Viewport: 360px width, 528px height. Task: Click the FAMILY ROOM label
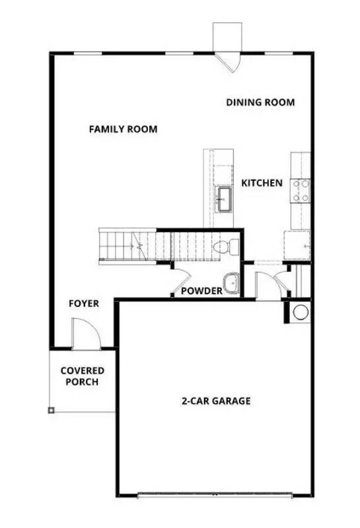click(123, 129)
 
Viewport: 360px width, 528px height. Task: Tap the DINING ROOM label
click(260, 102)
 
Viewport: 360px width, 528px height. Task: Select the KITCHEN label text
click(262, 183)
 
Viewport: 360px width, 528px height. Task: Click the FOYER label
click(84, 304)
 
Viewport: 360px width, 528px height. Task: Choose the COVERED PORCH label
click(83, 376)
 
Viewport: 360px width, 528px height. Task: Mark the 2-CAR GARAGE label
click(216, 401)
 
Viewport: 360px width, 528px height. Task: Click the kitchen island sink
click(224, 197)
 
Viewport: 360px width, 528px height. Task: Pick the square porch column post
click(51, 410)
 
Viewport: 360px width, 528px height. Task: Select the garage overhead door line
click(214, 494)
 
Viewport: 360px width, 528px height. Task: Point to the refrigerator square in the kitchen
click(297, 245)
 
